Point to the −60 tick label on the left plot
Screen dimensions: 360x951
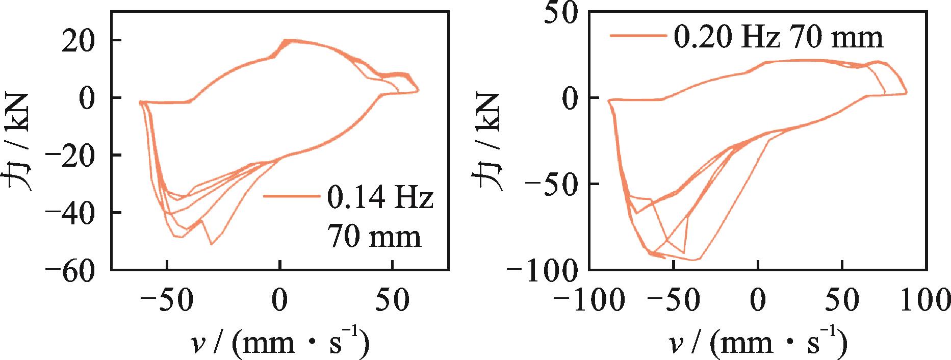(71, 270)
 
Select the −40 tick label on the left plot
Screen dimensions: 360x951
(71, 213)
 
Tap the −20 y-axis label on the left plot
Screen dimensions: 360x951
(71, 156)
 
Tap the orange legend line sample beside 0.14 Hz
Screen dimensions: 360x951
(293, 196)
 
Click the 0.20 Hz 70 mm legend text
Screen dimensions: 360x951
(779, 37)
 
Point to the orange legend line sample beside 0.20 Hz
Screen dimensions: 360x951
(639, 35)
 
